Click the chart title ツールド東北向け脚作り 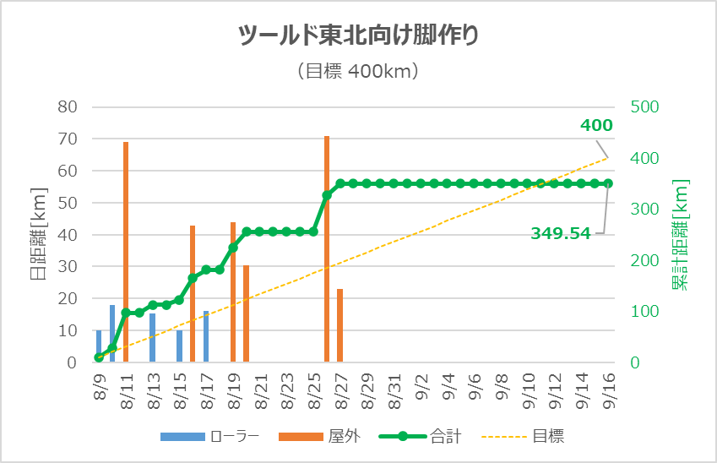coord(358,35)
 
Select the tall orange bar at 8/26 coord(327,249)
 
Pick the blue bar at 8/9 coord(99,346)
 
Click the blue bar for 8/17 coord(206,336)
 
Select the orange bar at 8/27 coord(339,325)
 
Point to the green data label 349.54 coord(560,233)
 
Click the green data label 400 coord(596,126)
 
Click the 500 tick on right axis coord(644,107)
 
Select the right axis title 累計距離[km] coord(681,235)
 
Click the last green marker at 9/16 coord(607,183)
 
